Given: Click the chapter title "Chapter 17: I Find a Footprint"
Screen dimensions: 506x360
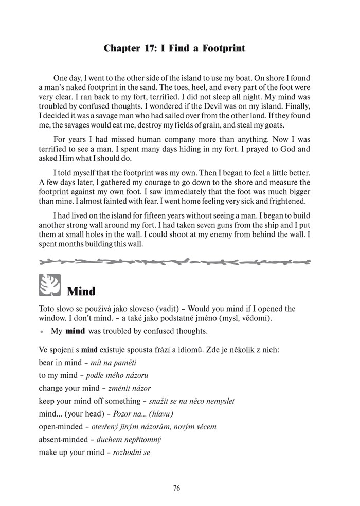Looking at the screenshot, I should coord(174,48).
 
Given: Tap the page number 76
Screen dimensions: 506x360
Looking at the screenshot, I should coord(176,488).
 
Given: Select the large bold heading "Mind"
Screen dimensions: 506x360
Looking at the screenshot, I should coord(81,292).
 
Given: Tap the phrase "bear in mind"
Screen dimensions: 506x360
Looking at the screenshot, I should coord(60,363).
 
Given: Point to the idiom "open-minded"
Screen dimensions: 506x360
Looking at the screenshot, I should coord(64,427).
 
